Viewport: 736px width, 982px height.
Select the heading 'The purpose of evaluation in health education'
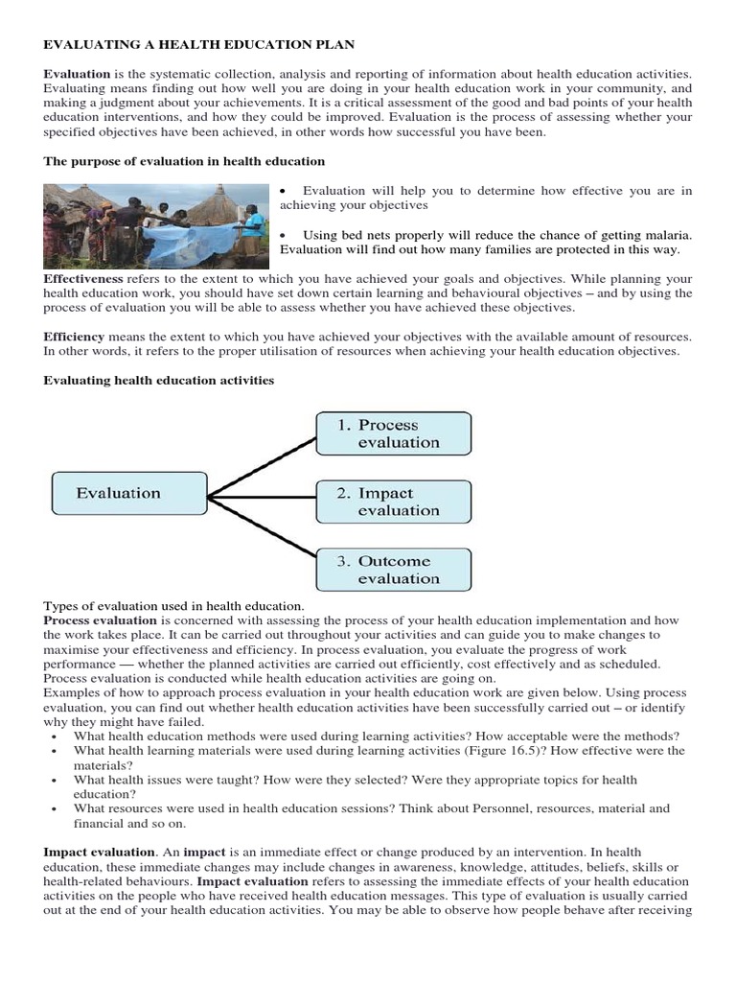point(184,161)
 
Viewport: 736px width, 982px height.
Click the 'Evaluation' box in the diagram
point(127,493)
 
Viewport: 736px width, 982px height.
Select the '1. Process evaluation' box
point(393,433)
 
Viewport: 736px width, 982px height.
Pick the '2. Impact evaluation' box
point(393,502)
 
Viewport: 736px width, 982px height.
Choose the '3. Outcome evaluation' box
point(393,570)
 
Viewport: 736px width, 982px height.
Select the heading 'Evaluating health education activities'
point(159,381)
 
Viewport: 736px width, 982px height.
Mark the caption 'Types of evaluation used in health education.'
point(173,606)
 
